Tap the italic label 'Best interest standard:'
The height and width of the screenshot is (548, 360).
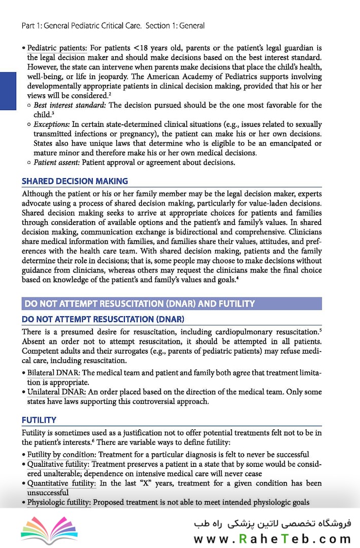point(71,106)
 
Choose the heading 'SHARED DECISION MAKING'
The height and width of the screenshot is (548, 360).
point(75,181)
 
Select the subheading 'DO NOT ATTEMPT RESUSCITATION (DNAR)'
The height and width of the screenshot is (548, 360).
point(103,319)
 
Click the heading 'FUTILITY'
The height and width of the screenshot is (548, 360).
point(39,420)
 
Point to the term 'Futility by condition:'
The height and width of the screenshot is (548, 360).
point(61,454)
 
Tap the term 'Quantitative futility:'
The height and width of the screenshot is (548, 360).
point(61,483)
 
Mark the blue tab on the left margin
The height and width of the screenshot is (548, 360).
point(8,91)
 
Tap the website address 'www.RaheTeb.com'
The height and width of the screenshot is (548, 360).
point(272,539)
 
